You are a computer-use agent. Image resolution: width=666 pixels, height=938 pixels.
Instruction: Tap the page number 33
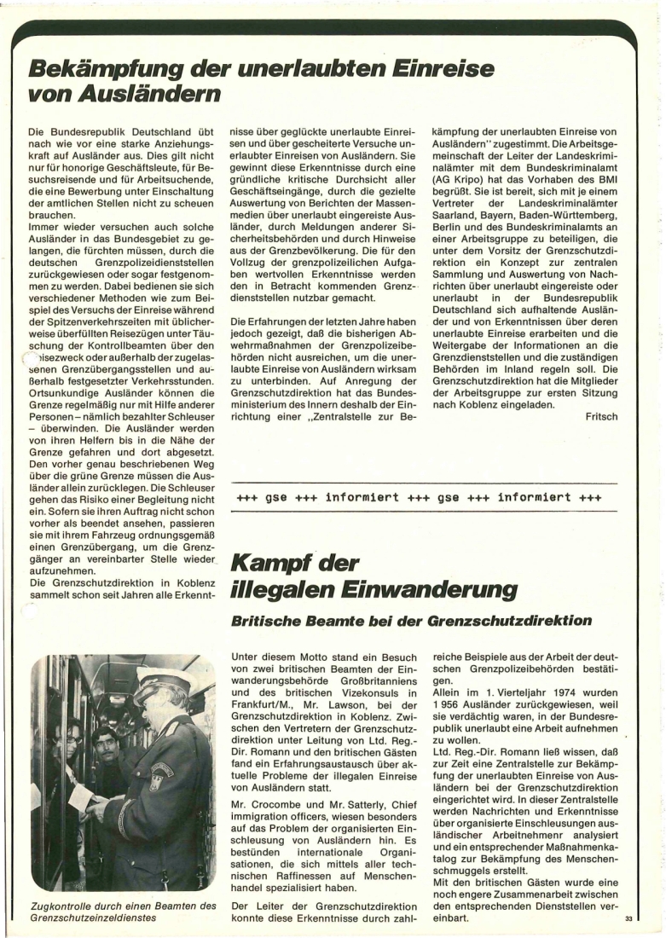[x=628, y=918]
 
